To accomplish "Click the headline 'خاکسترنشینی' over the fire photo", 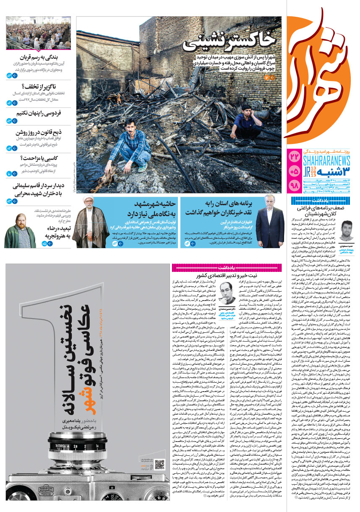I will [x=233, y=39].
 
